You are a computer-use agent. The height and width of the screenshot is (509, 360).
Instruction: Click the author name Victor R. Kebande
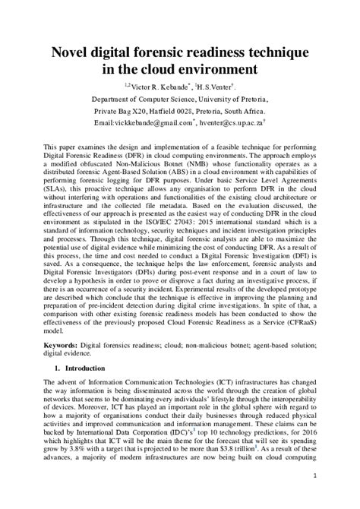tap(163, 88)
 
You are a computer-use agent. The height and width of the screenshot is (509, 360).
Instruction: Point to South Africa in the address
tap(263, 110)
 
